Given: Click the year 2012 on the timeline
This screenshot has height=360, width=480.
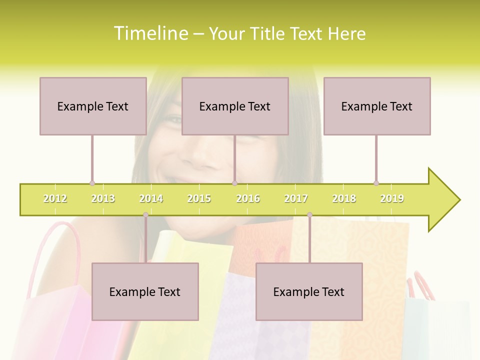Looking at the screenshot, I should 55,198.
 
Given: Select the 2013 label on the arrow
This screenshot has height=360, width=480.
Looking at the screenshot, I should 103,198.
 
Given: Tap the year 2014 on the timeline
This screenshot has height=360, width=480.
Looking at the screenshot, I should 151,198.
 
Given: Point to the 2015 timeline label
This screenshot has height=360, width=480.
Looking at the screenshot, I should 199,198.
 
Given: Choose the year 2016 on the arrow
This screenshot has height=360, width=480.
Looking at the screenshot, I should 248,198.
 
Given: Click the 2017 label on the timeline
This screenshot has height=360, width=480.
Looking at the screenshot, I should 296,198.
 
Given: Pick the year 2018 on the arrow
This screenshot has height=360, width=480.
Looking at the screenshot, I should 344,198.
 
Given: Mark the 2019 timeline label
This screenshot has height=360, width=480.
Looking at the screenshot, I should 392,198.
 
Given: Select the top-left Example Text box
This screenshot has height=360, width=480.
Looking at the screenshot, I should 93,106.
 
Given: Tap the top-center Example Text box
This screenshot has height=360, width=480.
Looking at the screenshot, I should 235,106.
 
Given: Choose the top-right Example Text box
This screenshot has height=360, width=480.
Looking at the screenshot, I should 377,106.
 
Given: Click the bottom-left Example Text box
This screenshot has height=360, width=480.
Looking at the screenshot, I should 145,291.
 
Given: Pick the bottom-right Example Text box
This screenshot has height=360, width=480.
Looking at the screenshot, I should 309,291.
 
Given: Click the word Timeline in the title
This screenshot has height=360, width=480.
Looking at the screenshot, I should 150,33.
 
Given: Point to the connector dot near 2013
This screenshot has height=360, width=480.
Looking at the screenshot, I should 92,183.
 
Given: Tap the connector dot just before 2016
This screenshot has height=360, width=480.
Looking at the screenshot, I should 234,183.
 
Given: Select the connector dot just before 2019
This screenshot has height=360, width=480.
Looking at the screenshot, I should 376,183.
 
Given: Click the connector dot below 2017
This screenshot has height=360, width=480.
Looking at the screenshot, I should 309,215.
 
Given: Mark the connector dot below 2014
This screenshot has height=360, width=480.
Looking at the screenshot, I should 145,215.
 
